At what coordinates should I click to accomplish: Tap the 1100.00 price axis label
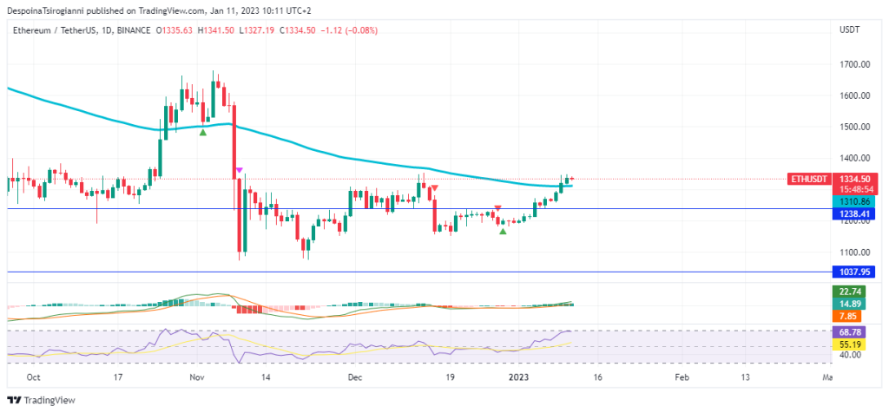(x=855, y=252)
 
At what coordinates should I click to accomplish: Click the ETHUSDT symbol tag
(x=808, y=178)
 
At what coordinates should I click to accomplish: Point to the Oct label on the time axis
(x=34, y=378)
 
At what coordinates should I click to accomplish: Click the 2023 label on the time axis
(x=518, y=378)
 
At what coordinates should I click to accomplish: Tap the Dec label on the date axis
(x=355, y=378)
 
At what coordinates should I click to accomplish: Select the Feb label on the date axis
(x=682, y=378)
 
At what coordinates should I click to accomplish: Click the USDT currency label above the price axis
(x=850, y=30)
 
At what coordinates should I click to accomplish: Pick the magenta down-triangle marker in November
(x=239, y=170)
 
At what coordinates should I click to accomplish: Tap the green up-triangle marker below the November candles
(x=203, y=131)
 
